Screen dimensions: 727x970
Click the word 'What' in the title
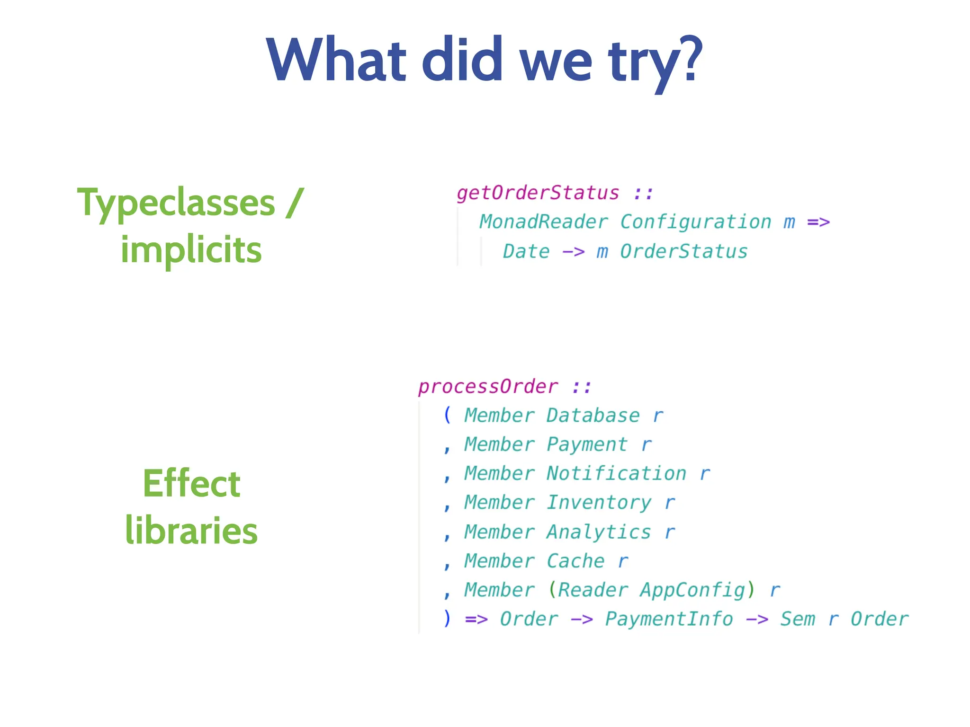(x=336, y=60)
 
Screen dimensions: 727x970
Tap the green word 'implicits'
(x=191, y=250)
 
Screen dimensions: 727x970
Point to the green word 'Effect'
(x=191, y=484)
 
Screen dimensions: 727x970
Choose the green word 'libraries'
(x=191, y=530)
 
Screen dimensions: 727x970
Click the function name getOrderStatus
(x=538, y=193)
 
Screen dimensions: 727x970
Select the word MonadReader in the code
(x=543, y=222)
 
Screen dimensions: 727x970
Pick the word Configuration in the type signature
(x=695, y=222)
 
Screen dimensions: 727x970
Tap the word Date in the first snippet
(x=526, y=251)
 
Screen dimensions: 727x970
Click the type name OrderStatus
(x=683, y=251)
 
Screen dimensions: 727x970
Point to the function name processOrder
(x=488, y=387)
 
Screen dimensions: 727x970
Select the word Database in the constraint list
(x=593, y=416)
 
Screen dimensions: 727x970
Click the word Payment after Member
(x=587, y=444)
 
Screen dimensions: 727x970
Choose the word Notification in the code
(x=616, y=473)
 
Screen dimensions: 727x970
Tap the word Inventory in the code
(x=599, y=503)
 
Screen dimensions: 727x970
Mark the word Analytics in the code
(x=599, y=532)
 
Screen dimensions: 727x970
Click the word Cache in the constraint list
(x=575, y=561)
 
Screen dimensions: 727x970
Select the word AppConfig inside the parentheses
(x=692, y=590)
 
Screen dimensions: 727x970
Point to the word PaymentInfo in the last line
(x=669, y=619)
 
